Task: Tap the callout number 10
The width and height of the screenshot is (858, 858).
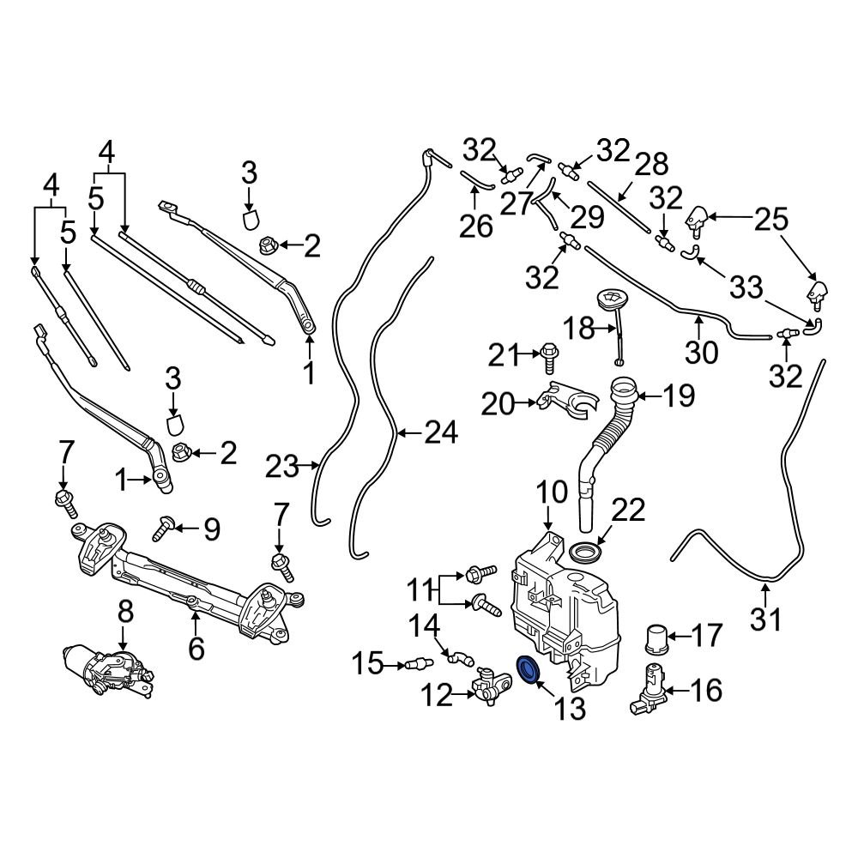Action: (x=553, y=492)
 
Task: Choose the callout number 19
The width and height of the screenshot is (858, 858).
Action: (x=678, y=396)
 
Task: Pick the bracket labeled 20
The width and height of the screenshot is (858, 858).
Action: (x=565, y=399)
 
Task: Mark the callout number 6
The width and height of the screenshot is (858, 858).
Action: (x=196, y=649)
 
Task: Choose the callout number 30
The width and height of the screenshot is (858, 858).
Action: (x=701, y=351)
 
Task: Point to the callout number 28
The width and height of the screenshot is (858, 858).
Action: (x=650, y=164)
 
